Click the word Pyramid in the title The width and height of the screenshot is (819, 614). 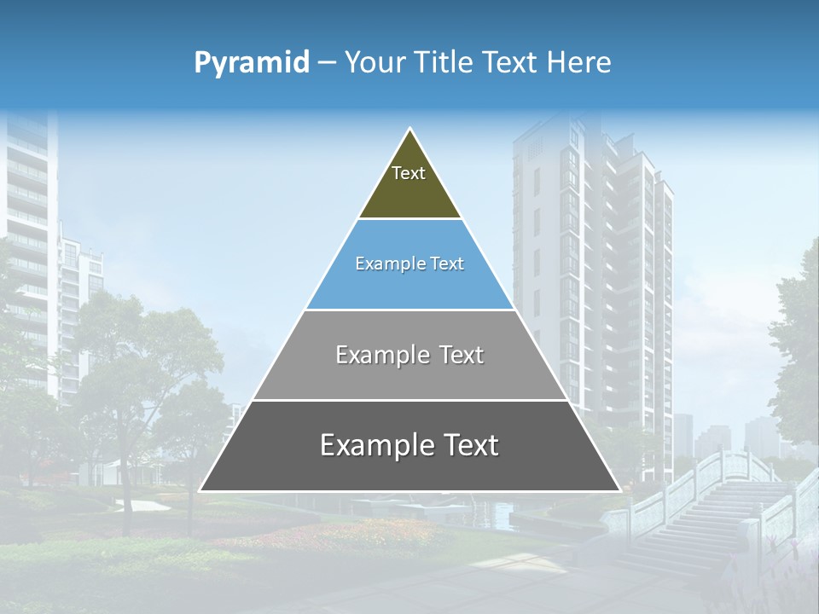click(251, 62)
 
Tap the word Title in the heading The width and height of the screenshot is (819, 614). click(442, 62)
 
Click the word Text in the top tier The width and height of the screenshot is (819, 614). click(409, 173)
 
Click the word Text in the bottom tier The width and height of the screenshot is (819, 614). click(466, 445)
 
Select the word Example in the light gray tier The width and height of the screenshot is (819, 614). click(381, 355)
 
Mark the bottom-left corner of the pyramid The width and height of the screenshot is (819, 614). click(200, 490)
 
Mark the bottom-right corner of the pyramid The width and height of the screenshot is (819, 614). click(619, 490)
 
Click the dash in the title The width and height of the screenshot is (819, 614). click(327, 63)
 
